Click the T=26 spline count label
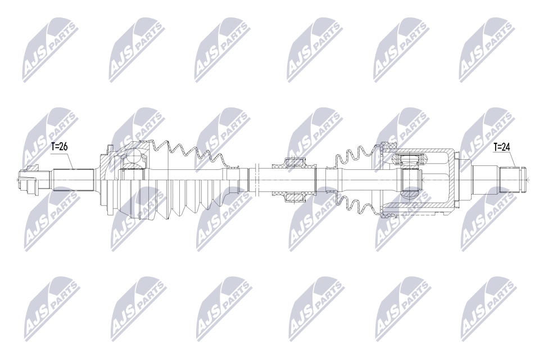59,147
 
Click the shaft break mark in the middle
256,179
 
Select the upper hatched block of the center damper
295,164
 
